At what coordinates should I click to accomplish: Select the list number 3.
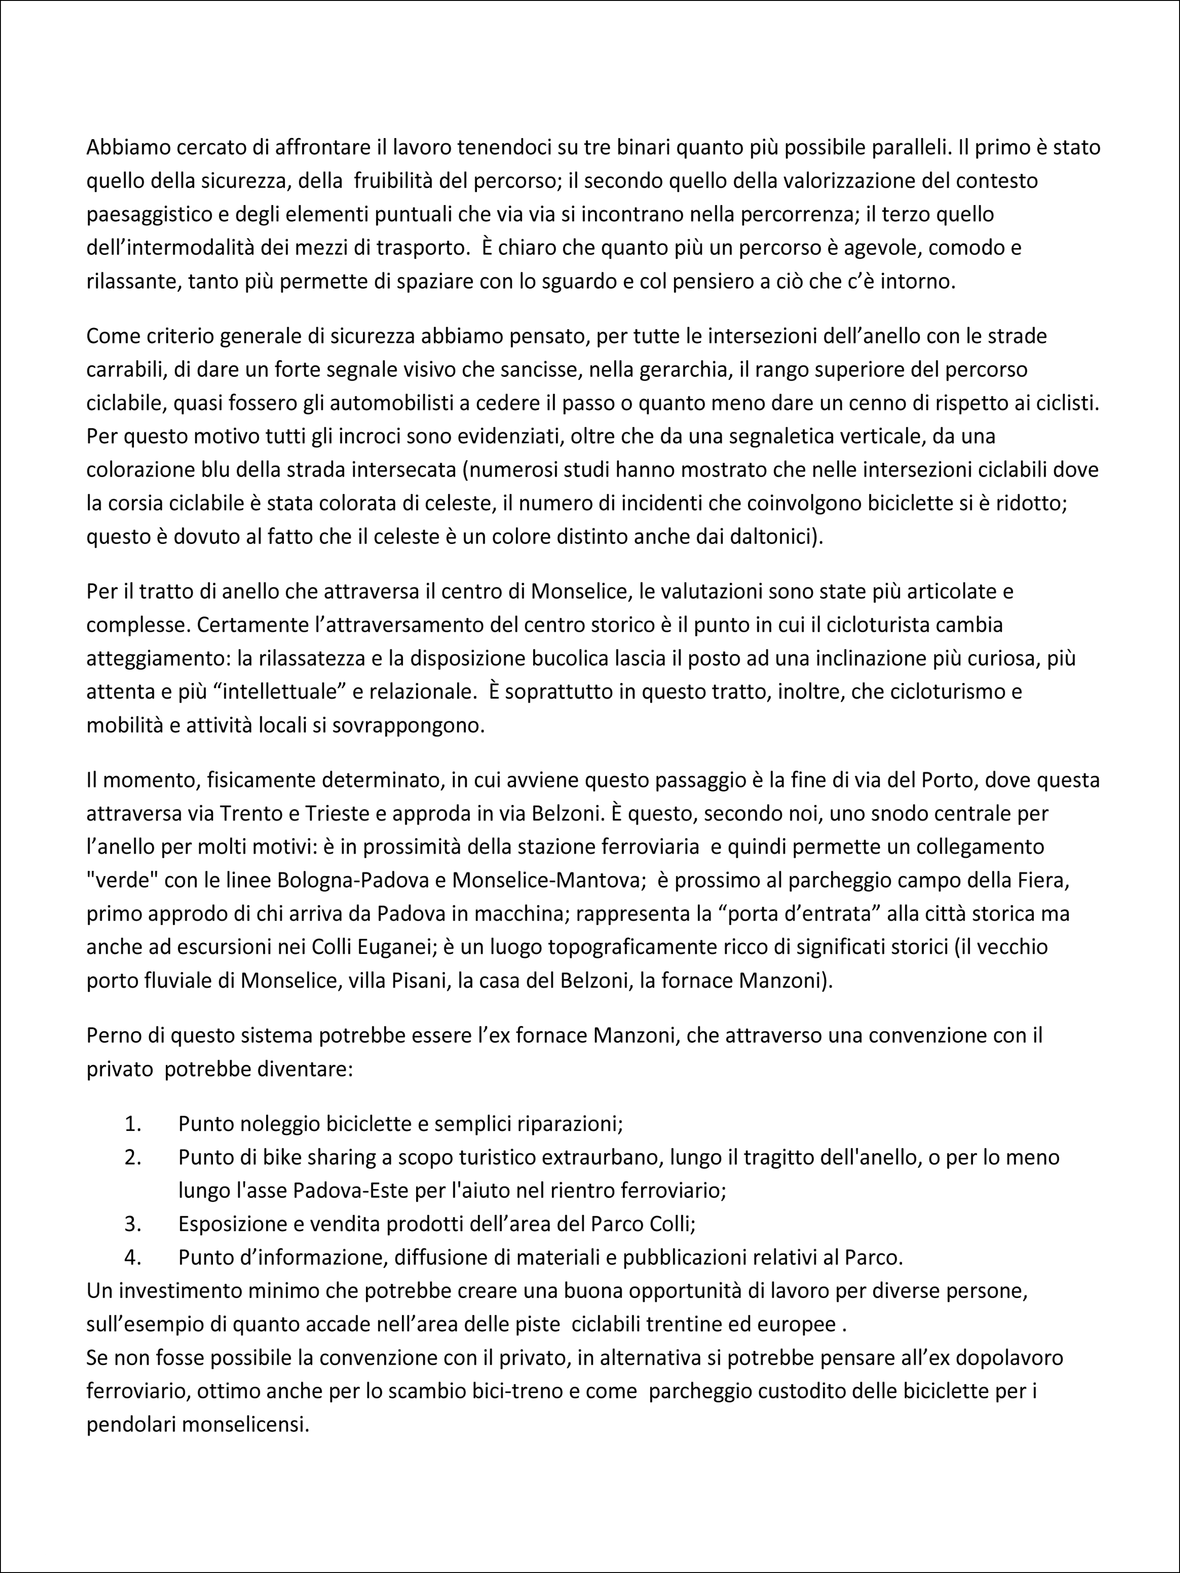(133, 1224)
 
